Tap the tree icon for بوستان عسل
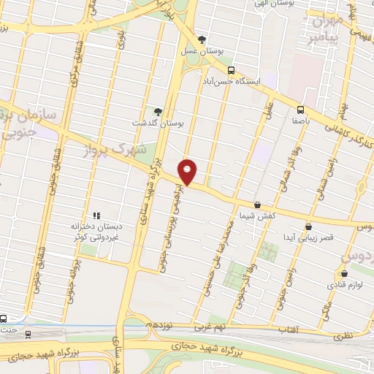(202, 39)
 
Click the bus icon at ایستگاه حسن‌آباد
(232, 71)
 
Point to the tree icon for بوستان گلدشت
(158, 111)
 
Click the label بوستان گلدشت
(157, 123)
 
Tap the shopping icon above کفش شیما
(256, 205)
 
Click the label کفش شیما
(256, 216)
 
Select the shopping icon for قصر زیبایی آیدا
(308, 226)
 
